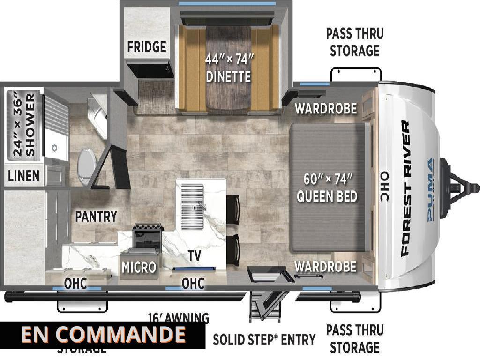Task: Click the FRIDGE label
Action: [146, 47]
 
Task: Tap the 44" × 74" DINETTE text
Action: [229, 68]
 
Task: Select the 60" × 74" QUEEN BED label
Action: [327, 187]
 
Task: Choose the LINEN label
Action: [23, 176]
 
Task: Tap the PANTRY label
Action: [96, 217]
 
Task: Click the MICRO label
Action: [139, 267]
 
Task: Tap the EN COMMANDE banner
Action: [103, 335]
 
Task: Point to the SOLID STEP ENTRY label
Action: [264, 339]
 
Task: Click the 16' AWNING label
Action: [178, 318]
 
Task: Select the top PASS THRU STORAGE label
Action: [354, 42]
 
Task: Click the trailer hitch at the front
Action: [462, 185]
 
